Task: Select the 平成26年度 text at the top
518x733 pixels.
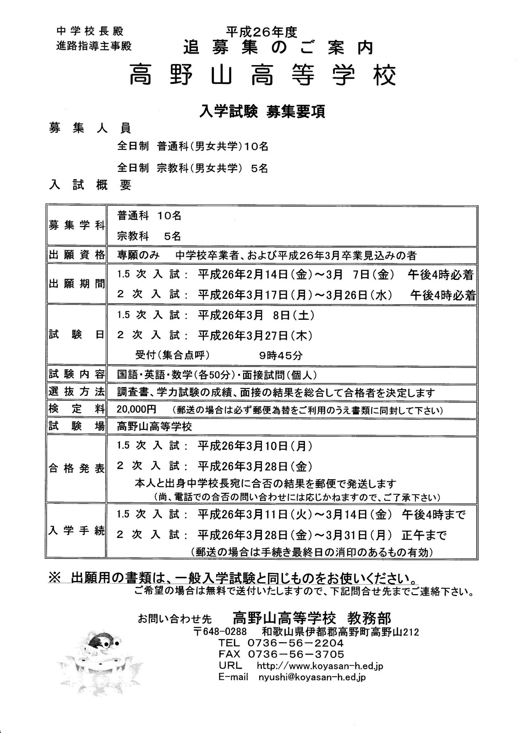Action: [x=262, y=32]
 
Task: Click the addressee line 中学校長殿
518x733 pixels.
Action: [x=90, y=32]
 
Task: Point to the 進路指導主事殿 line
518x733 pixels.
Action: [x=94, y=46]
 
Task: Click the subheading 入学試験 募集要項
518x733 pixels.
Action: [x=262, y=112]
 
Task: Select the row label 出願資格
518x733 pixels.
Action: [x=77, y=255]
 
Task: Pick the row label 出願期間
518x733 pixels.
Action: [x=77, y=284]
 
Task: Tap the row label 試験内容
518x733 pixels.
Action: [x=77, y=374]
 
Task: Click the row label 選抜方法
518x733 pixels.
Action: [x=77, y=392]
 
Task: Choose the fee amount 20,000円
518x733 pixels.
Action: [x=136, y=409]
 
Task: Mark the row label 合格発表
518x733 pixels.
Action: [x=77, y=469]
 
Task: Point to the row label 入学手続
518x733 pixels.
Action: [x=77, y=531]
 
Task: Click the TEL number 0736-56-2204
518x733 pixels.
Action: [x=295, y=643]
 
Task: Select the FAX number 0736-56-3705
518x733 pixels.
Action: [x=295, y=654]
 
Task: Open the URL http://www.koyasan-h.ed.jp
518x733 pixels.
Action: [x=320, y=666]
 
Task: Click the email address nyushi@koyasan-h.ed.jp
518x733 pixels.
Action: [x=312, y=677]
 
